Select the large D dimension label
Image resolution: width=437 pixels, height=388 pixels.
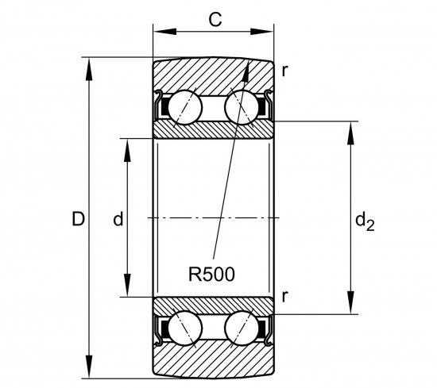tap(78, 218)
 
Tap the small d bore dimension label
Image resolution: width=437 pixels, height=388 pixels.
tap(118, 218)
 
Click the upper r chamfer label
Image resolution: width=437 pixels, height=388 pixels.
tap(284, 71)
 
